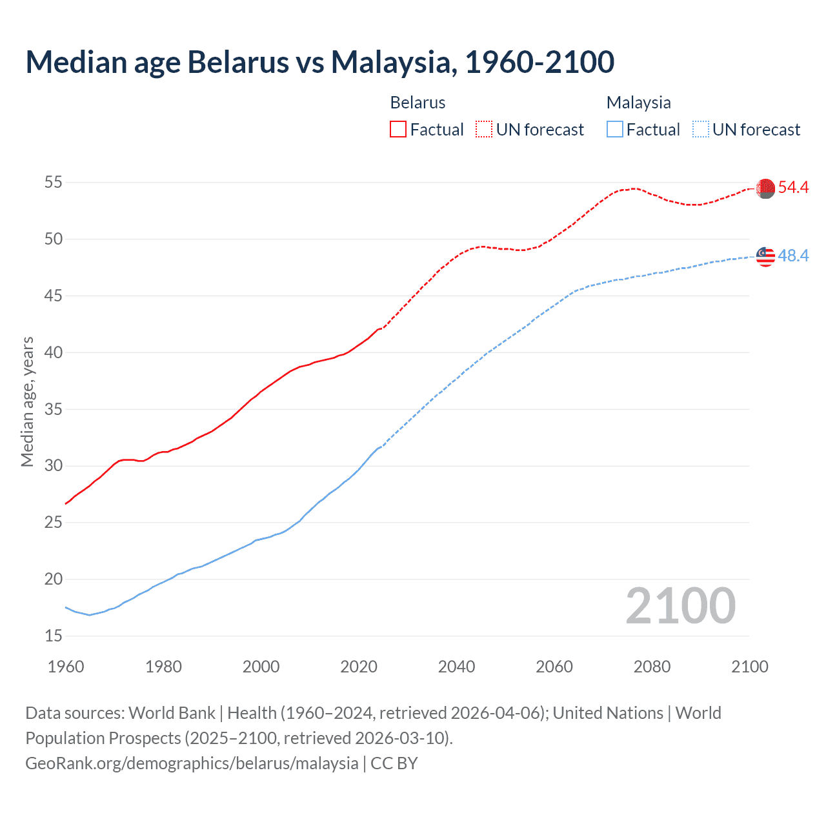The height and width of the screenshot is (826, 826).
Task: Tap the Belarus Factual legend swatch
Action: tap(398, 129)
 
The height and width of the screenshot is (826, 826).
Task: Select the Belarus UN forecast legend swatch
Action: tap(484, 129)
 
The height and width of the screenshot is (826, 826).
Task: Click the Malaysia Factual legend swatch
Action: tap(615, 129)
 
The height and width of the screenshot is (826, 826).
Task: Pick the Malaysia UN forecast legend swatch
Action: tap(701, 129)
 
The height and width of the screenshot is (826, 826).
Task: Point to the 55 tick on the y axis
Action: tap(54, 183)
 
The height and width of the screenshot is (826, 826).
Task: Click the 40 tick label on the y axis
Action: tap(54, 352)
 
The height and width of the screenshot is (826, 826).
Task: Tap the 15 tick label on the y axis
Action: tap(54, 636)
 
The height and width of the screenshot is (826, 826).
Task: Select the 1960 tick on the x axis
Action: tap(66, 666)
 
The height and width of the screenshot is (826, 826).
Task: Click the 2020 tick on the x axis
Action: tap(359, 666)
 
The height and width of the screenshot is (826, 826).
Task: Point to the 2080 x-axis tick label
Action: tap(652, 666)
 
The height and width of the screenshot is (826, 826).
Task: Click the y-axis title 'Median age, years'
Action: tap(27, 401)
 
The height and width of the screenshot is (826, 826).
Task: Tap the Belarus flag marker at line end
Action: tap(765, 188)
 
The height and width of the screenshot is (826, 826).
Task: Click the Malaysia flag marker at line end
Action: tap(765, 256)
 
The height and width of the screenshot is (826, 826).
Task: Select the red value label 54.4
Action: tap(793, 188)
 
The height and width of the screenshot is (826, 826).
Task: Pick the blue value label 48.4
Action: tap(793, 256)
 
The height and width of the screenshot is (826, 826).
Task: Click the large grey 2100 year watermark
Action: tap(681, 605)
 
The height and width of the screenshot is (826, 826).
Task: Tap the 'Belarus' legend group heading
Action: tap(418, 103)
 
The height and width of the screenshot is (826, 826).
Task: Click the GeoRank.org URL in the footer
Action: tap(192, 763)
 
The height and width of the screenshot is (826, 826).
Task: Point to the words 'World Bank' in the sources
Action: tap(172, 713)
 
